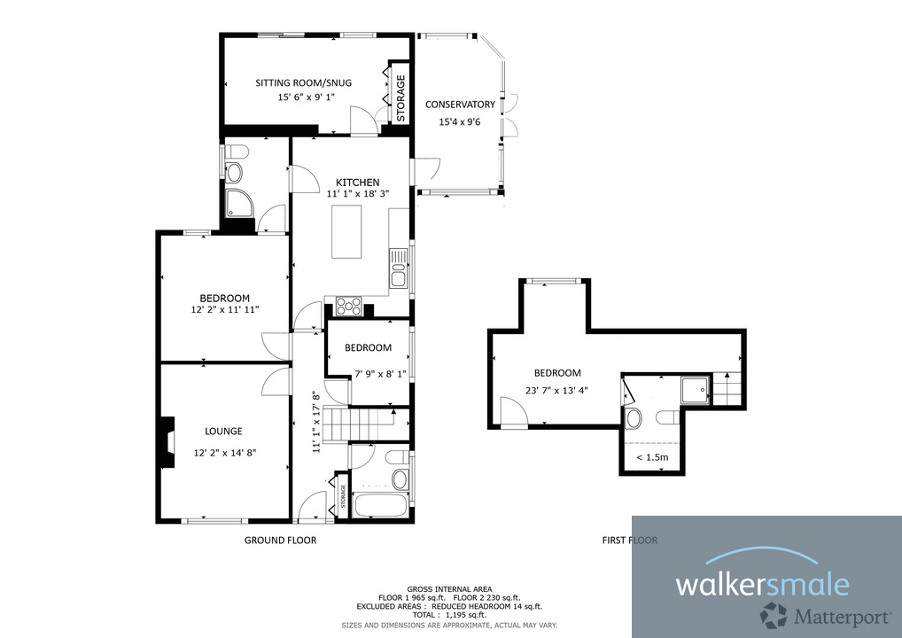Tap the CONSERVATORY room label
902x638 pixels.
pyautogui.click(x=460, y=105)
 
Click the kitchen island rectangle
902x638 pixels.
pyautogui.click(x=348, y=231)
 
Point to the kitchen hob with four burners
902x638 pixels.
pyautogui.click(x=348, y=307)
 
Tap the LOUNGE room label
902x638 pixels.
pyautogui.click(x=223, y=432)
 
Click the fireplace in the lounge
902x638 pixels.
pyautogui.click(x=166, y=441)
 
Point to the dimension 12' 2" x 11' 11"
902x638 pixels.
pyautogui.click(x=224, y=310)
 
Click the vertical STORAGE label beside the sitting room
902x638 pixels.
pyautogui.click(x=400, y=98)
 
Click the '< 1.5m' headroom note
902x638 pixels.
pyautogui.click(x=652, y=458)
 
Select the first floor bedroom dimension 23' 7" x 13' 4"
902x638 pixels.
pyautogui.click(x=557, y=388)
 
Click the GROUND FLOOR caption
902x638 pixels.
pyautogui.click(x=280, y=540)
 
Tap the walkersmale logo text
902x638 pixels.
pyautogui.click(x=762, y=584)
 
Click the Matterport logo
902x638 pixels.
pyautogui.click(x=802, y=614)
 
